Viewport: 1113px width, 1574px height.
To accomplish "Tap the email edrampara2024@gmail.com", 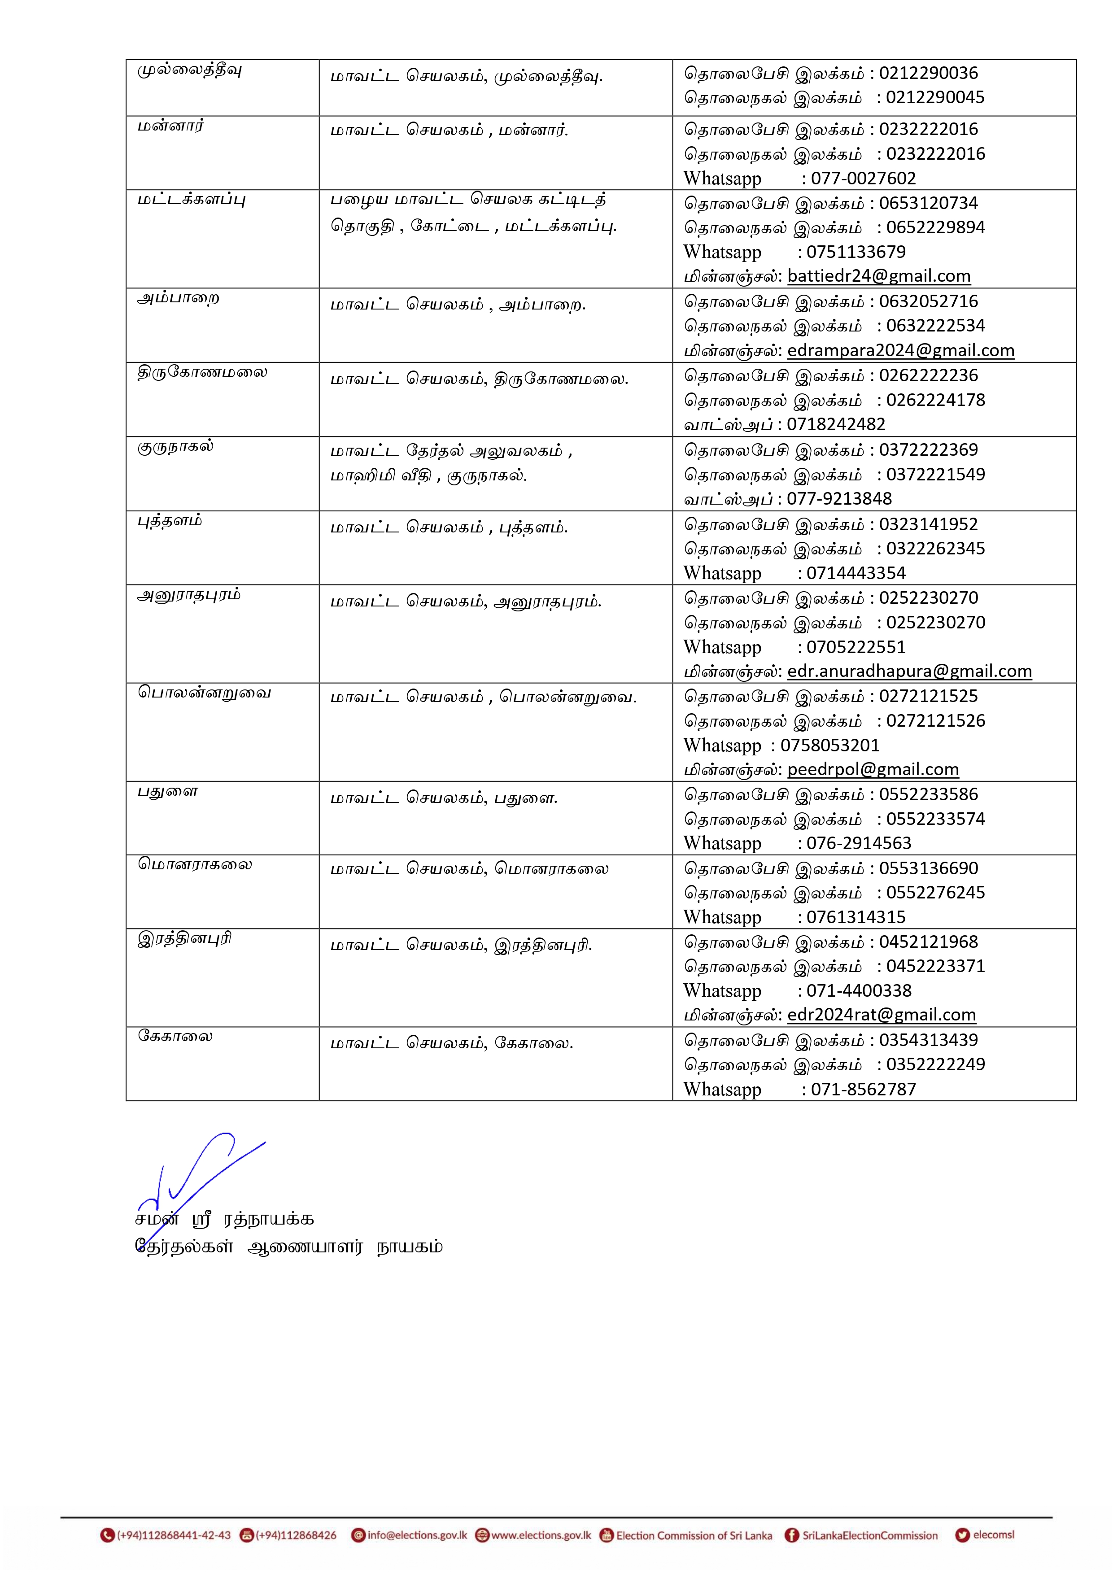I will [x=900, y=350].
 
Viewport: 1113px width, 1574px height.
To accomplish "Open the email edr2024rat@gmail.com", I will [x=881, y=1015].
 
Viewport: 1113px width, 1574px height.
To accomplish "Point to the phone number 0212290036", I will [x=929, y=74].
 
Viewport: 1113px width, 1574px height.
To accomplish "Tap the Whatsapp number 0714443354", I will [x=856, y=573].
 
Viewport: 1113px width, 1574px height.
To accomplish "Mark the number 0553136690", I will [x=929, y=868].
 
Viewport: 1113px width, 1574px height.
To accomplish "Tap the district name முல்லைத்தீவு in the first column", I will [x=190, y=70].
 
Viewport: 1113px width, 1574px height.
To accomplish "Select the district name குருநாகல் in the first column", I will [x=176, y=447].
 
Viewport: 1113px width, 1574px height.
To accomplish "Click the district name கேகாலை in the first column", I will [x=175, y=1036].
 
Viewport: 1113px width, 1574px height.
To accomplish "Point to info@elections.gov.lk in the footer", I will [x=417, y=1535].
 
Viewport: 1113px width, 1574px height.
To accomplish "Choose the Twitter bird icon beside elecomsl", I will [x=962, y=1535].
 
